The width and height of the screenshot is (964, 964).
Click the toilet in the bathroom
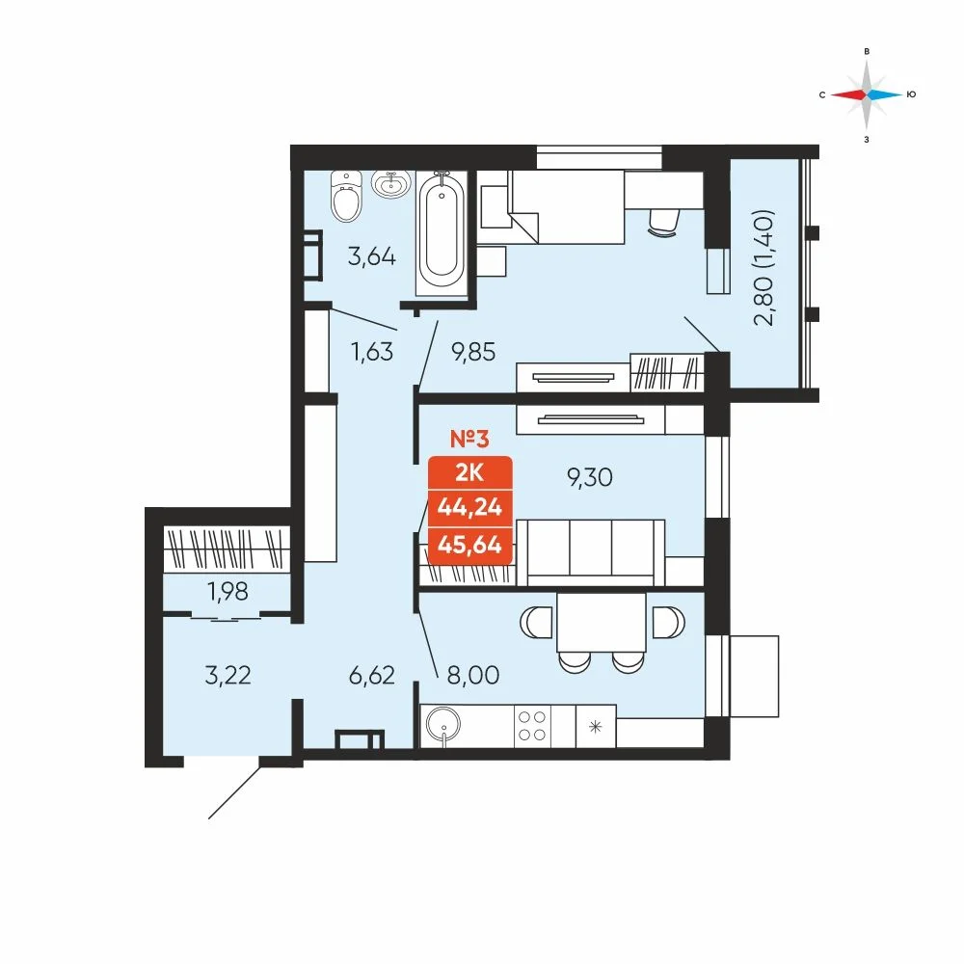(x=346, y=196)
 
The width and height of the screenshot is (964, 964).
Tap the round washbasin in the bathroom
(x=391, y=184)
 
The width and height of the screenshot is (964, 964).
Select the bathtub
(x=442, y=232)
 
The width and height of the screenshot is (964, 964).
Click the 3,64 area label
(x=371, y=256)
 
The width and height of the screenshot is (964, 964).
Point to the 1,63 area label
(x=371, y=352)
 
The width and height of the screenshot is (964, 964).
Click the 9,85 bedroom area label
(x=473, y=352)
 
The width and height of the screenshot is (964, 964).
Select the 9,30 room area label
(x=590, y=477)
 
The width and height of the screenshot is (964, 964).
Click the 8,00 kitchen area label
(x=472, y=675)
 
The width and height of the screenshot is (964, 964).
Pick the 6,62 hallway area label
(x=371, y=675)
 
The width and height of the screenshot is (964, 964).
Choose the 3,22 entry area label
(x=228, y=675)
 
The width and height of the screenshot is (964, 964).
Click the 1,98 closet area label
(x=228, y=592)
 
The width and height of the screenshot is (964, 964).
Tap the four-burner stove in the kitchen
(x=532, y=726)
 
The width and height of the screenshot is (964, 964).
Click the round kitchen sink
(x=442, y=726)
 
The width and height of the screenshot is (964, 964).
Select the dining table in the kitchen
(x=602, y=622)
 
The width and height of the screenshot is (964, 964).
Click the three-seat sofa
(x=591, y=553)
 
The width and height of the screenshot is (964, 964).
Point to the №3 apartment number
(x=469, y=439)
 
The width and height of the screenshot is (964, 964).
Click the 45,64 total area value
(x=469, y=545)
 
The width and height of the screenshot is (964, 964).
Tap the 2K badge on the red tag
(x=469, y=472)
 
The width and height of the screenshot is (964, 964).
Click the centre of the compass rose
(x=867, y=94)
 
